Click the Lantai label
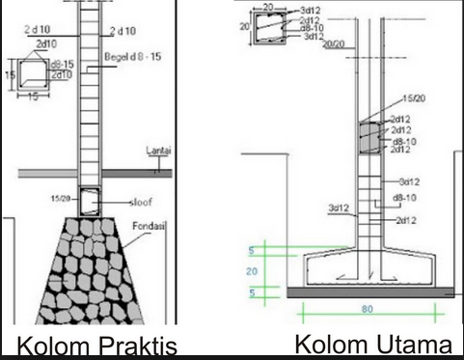[158, 152]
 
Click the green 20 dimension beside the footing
[253, 272]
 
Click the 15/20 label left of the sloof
[59, 198]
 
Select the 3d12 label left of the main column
[339, 208]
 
